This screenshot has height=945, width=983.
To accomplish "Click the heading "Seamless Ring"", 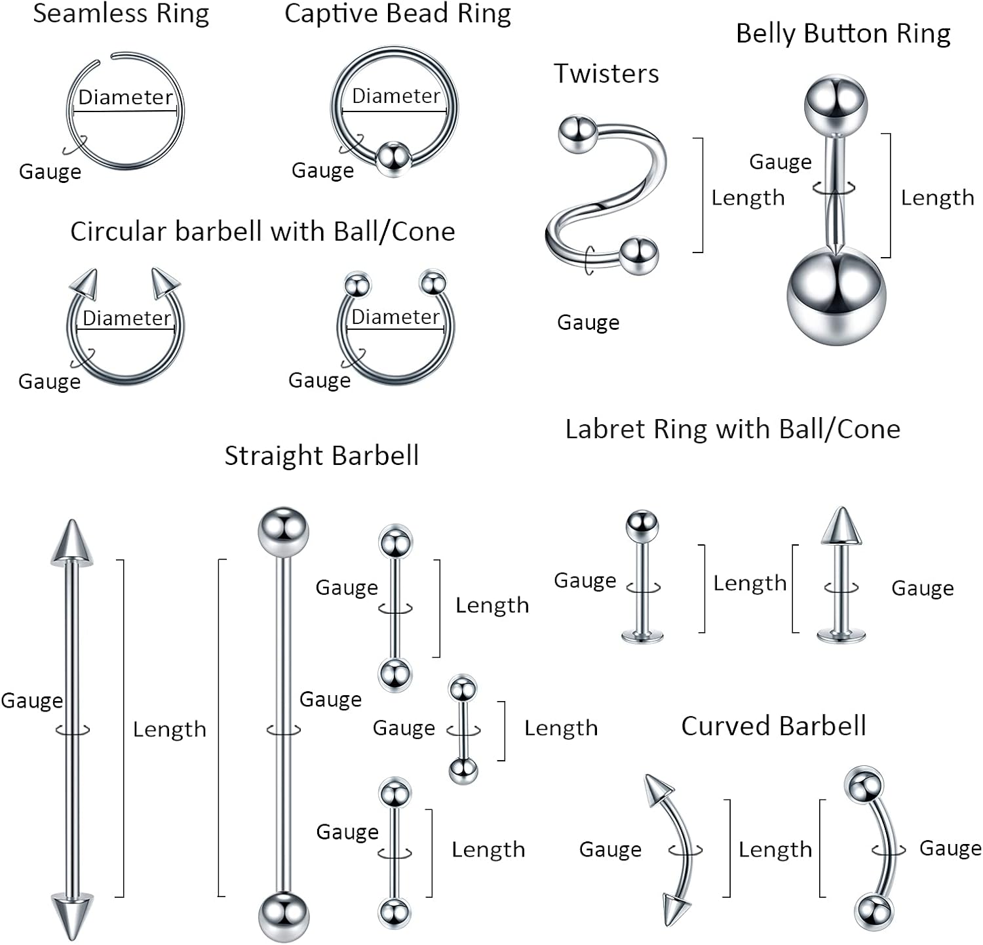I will (x=121, y=13).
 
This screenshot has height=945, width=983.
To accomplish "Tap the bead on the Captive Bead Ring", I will (x=393, y=158).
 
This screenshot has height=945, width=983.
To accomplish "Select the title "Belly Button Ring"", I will (x=843, y=33).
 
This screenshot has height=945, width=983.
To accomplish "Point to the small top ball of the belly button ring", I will (x=836, y=105).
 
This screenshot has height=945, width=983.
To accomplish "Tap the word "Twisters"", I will (x=606, y=73).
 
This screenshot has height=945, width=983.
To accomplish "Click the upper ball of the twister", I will (x=577, y=134).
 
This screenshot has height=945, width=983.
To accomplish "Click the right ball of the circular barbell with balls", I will (x=433, y=283).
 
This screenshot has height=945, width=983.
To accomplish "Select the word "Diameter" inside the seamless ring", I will (x=125, y=97).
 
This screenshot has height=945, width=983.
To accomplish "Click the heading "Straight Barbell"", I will (x=321, y=456).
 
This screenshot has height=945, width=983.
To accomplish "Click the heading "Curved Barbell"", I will (x=773, y=726).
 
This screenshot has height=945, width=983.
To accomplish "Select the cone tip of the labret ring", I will (x=841, y=526).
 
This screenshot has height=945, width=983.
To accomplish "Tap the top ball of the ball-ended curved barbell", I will (x=864, y=785).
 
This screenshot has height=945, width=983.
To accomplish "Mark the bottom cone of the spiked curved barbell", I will (x=675, y=909).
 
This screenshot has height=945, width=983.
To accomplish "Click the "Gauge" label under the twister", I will (x=588, y=322).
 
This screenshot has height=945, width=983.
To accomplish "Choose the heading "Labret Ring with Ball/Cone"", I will (x=733, y=429).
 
